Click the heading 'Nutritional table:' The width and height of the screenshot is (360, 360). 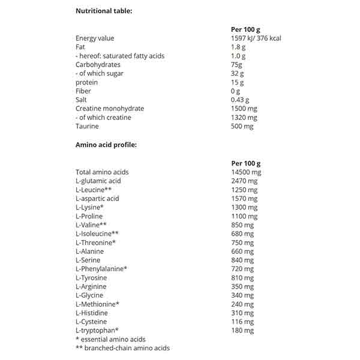click(104, 11)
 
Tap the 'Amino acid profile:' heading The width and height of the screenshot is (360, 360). click(106, 145)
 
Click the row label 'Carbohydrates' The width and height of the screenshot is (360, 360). click(98, 64)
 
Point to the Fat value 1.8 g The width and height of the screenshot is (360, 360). click(238, 47)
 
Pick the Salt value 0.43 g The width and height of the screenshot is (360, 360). click(240, 100)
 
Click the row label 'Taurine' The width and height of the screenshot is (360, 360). click(87, 126)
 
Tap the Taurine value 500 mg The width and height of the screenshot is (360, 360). click(242, 126)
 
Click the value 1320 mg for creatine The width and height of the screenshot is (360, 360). click(244, 117)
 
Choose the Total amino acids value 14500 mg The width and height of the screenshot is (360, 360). click(246, 172)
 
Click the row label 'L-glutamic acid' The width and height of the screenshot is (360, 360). click(98, 181)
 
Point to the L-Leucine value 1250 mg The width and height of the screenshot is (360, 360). click(244, 190)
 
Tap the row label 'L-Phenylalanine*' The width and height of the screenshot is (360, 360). click(101, 269)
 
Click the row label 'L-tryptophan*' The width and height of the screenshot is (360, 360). click(97, 330)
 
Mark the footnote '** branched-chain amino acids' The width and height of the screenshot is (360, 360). click(122, 348)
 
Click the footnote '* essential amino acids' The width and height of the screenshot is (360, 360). click(111, 339)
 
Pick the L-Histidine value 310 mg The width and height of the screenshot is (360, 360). click(242, 313)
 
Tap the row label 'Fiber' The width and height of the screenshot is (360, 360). click(83, 91)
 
